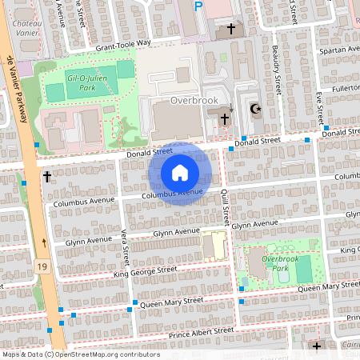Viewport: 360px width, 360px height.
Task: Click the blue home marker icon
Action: pos(180,173)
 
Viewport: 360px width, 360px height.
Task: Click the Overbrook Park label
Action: pos(269,265)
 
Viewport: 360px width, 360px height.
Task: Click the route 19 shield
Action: pos(42,263)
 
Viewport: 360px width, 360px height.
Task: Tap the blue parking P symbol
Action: pos(199,6)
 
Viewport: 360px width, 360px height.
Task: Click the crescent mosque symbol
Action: pos(256,109)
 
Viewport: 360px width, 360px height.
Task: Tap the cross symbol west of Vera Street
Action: pos(47,177)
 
